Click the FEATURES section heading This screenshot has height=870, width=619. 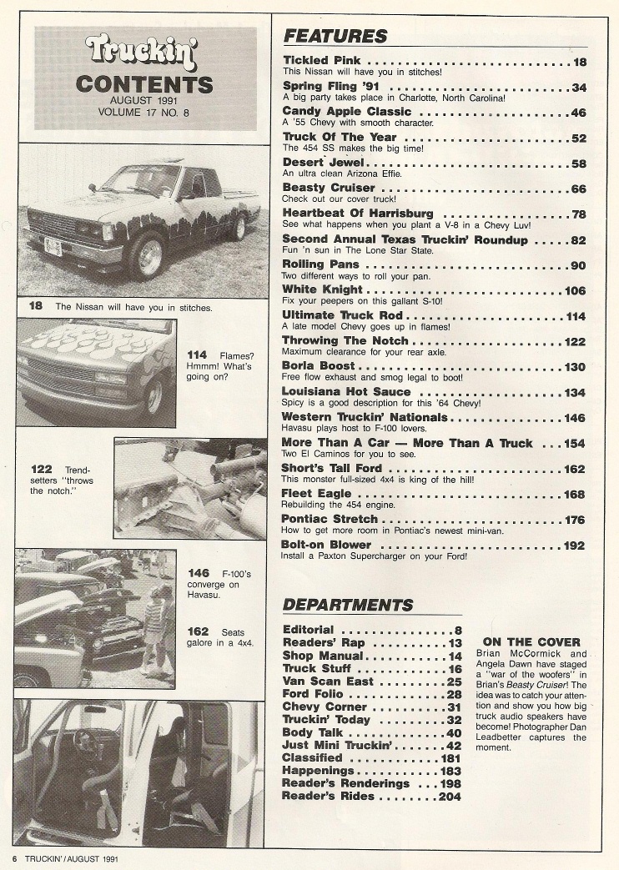[335, 36]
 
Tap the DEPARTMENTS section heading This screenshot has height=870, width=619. [348, 604]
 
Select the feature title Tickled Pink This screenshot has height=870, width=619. [323, 61]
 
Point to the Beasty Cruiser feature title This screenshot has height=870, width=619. [329, 188]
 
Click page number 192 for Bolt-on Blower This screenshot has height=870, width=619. [575, 545]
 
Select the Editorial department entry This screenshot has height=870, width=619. [308, 630]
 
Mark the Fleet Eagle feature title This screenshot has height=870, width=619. [317, 494]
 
